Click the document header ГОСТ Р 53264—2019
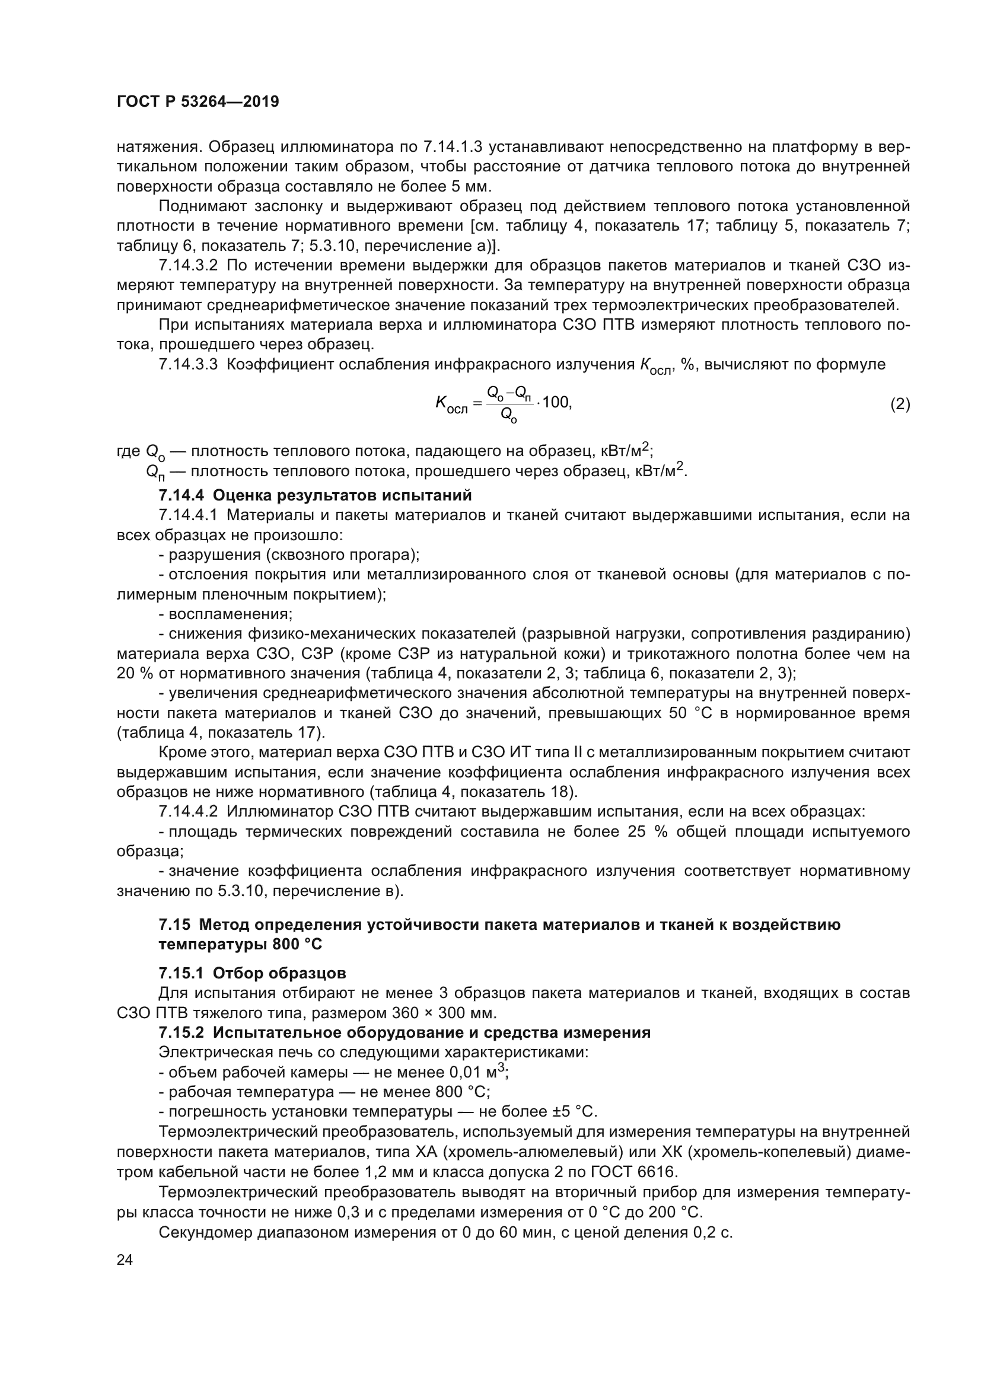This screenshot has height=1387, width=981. (198, 101)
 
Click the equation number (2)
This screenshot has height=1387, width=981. (900, 404)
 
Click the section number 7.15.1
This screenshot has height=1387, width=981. (181, 973)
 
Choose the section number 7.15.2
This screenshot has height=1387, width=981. (181, 1032)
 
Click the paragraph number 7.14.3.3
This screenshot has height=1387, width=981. (188, 364)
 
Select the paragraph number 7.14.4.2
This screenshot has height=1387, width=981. (188, 811)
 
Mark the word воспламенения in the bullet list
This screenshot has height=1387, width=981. (230, 614)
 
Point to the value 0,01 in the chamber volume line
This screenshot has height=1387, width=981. (465, 1072)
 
